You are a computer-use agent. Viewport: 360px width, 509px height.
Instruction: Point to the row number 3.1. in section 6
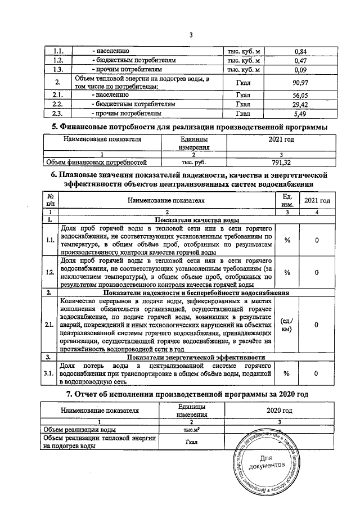pos(50,373)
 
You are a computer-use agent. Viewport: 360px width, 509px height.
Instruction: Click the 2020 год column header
pos(280,411)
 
